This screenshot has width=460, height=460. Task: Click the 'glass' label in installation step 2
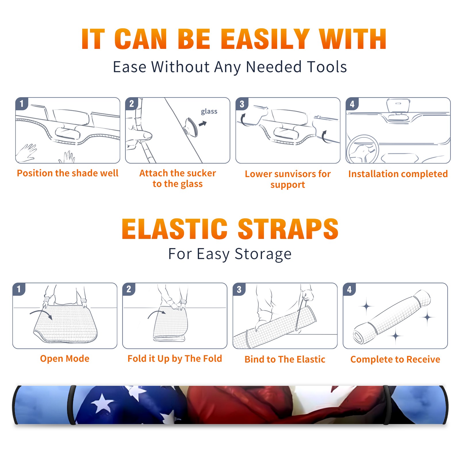click(209, 112)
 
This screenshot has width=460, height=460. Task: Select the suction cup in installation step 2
click(191, 127)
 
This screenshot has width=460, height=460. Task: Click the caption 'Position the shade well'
click(68, 173)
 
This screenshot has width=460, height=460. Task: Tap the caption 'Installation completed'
click(398, 174)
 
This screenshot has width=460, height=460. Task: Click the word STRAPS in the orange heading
click(288, 229)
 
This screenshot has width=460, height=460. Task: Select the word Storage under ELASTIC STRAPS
click(263, 254)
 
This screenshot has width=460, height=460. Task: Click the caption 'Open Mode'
click(65, 359)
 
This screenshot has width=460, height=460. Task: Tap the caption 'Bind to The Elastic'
click(285, 359)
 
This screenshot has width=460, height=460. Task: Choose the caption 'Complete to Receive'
click(395, 359)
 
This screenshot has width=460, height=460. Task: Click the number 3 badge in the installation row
click(242, 104)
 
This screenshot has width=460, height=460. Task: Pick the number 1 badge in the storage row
click(19, 289)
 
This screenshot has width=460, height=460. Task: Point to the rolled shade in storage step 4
click(392, 317)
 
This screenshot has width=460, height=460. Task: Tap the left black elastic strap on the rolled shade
click(72, 405)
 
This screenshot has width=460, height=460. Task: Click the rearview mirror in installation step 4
click(398, 106)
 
